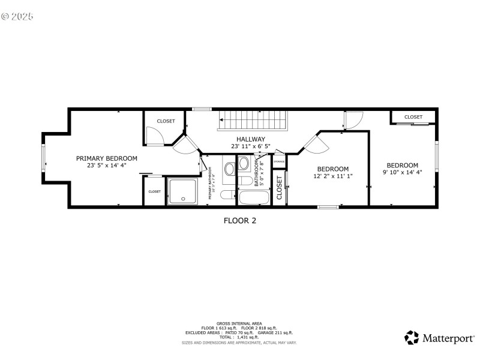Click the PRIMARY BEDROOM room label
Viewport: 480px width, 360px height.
(106, 158)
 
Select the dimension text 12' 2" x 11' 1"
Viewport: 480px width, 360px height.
(332, 176)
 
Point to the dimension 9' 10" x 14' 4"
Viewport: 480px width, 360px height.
(402, 173)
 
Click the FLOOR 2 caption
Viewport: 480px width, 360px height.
(240, 221)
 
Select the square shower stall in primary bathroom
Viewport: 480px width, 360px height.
(181, 191)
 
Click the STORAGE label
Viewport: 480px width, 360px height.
(279, 162)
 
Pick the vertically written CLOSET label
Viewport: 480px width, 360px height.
(279, 187)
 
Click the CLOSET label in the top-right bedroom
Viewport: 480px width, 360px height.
(413, 117)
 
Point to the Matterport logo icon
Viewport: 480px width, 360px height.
(412, 338)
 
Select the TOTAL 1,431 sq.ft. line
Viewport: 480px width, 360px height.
(239, 337)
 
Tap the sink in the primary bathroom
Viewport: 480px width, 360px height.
(230, 168)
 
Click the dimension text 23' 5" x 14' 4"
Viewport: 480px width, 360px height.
(106, 166)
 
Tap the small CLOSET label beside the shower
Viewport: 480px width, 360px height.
(155, 191)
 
